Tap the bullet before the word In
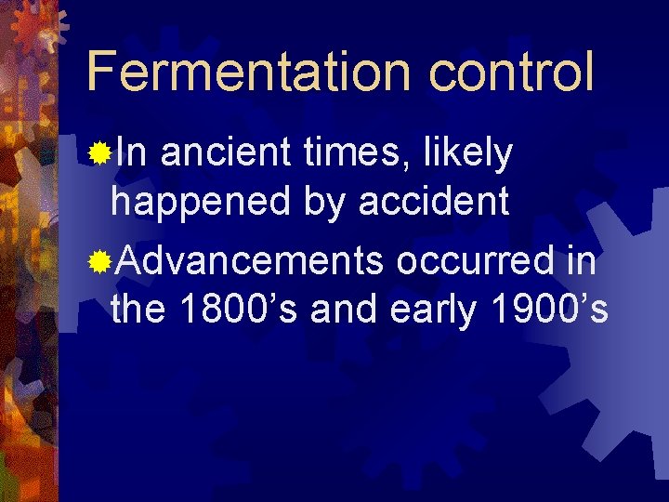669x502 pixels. [x=98, y=152]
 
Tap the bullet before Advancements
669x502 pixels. [x=98, y=261]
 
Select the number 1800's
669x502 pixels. [x=236, y=310]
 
